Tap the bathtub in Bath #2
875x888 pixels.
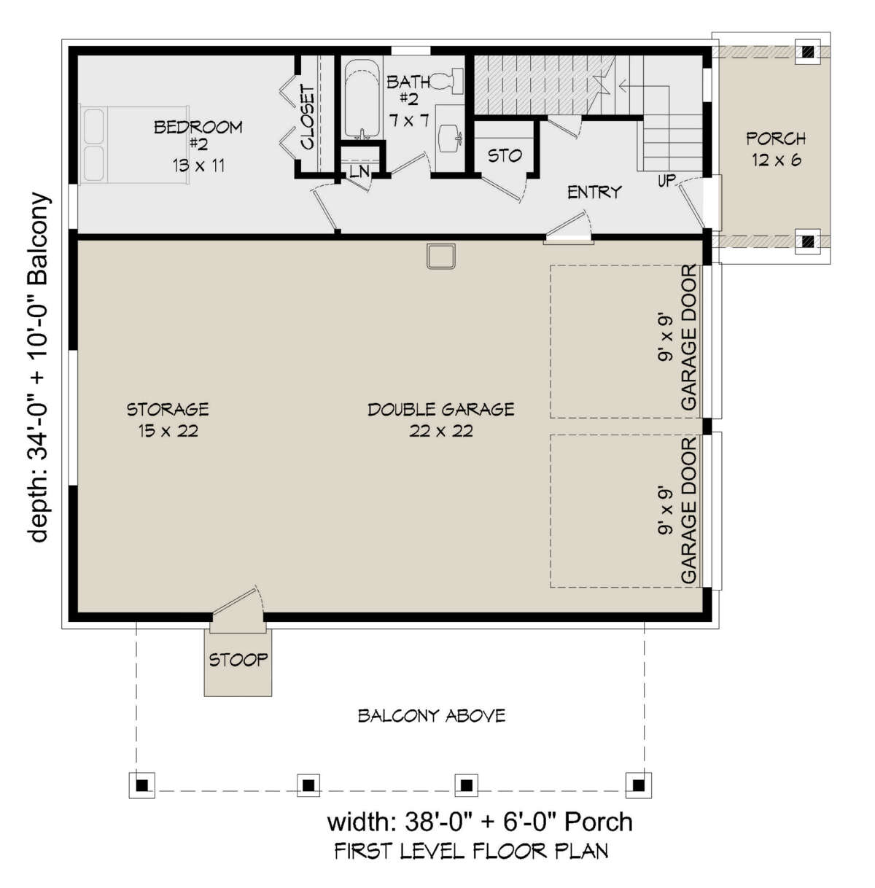362,98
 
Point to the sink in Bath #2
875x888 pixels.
449,138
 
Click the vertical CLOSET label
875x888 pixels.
307,117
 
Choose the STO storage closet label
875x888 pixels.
505,156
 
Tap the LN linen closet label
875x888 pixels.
359,171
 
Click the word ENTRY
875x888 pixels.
594,192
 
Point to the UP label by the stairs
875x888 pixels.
667,181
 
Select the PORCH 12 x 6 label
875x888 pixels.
777,149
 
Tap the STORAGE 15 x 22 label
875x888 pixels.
168,420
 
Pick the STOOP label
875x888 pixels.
238,660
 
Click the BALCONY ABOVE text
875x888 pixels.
432,716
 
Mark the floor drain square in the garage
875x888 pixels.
440,256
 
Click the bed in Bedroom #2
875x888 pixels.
134,144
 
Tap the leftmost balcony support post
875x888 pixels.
142,784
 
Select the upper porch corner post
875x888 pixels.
808,52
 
